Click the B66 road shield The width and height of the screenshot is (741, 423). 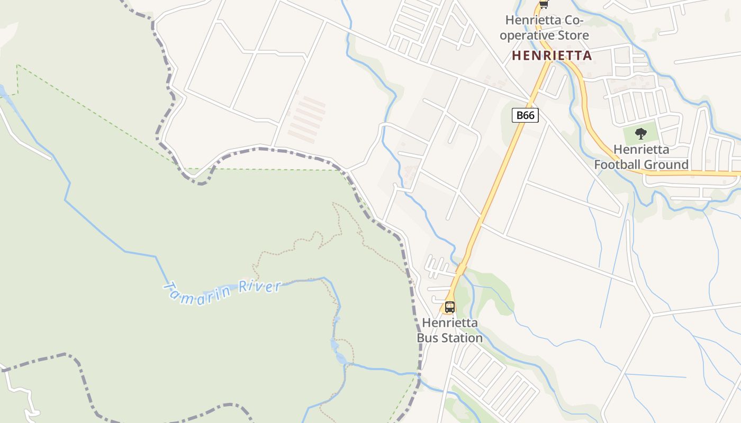point(525,115)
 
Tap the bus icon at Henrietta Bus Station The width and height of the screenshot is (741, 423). point(449,307)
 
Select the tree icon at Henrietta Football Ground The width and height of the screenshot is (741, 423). point(640,133)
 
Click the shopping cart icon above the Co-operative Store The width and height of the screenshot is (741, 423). point(543,4)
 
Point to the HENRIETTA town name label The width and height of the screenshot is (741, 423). point(552,56)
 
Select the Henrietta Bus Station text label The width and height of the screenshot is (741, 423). point(450,330)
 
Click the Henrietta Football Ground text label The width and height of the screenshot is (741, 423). point(641,157)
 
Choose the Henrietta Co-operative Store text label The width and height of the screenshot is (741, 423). point(544,28)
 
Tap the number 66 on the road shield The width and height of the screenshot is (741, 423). point(530,115)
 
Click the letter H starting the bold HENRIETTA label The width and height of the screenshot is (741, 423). point(516,56)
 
